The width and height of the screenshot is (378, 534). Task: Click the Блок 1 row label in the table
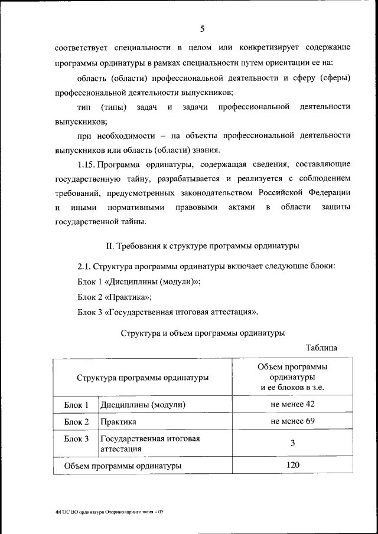coord(76,405)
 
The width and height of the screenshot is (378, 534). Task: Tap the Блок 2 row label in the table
coord(76,422)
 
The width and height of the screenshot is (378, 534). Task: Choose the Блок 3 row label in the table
coord(76,439)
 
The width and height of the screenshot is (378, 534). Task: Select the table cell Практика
coord(118,422)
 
